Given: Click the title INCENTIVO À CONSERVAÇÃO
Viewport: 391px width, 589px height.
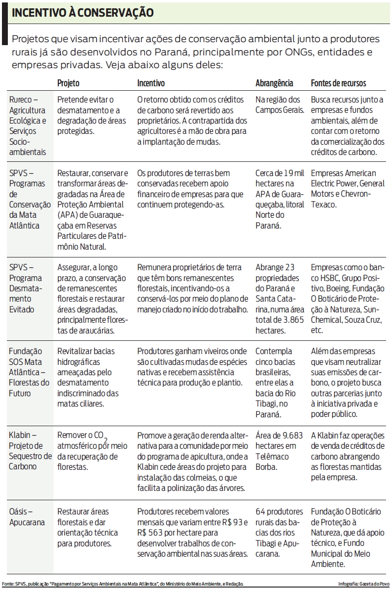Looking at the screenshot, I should [82, 13].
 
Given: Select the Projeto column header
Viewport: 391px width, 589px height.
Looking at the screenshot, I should [68, 83].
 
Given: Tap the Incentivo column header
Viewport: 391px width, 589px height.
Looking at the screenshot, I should [151, 83].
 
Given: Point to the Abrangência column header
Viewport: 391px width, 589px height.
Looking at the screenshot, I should [274, 83].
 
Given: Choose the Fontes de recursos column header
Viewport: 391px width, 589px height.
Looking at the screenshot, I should [339, 83].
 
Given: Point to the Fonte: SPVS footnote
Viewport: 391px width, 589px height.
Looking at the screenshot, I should [123, 584].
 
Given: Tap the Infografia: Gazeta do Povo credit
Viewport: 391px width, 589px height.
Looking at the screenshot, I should [364, 584].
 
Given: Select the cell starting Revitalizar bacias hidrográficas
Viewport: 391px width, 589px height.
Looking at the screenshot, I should [88, 378].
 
